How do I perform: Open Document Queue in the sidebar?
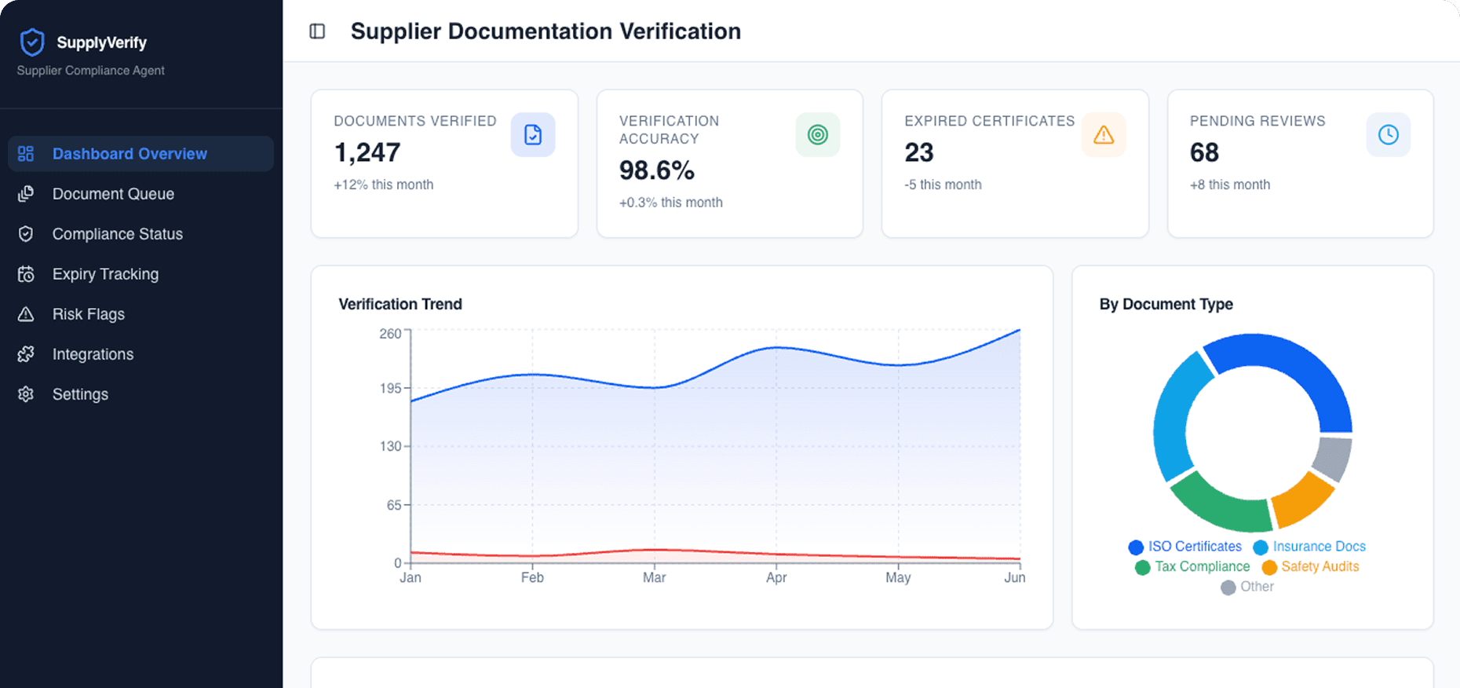pos(113,194)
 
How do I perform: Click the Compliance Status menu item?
pos(117,234)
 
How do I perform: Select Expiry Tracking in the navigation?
pos(105,274)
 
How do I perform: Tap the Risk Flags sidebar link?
pos(88,314)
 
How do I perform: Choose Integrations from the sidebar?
pos(93,354)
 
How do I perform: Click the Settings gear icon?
pos(26,394)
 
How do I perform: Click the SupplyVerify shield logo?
pos(32,42)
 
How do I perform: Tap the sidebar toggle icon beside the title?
pos(317,31)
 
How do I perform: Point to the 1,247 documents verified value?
pos(367,152)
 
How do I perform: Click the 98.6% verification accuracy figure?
pos(656,170)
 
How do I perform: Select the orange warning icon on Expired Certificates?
pos(1104,135)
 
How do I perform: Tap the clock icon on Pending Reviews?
pos(1388,135)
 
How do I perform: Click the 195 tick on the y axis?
pos(390,388)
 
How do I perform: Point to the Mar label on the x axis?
pos(654,577)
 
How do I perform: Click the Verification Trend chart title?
pos(400,304)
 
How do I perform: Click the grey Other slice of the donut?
pos(1331,457)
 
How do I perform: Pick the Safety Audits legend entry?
pos(1319,566)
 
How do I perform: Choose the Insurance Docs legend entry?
pos(1318,547)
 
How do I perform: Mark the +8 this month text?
pos(1229,185)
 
